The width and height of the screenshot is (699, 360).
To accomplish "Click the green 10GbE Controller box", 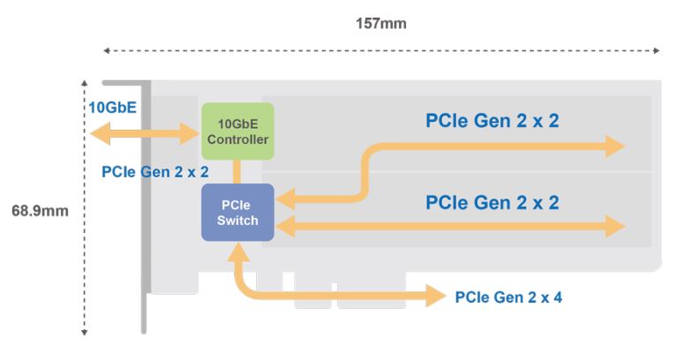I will (237, 131).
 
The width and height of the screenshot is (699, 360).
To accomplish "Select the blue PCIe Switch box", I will (238, 212).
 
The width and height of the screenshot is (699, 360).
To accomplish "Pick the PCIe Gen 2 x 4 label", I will (508, 297).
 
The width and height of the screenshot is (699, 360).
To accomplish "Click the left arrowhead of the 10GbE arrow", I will (96, 133).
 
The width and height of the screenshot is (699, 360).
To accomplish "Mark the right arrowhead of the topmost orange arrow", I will (616, 146).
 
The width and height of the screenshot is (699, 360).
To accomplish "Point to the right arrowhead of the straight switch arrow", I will (616, 227).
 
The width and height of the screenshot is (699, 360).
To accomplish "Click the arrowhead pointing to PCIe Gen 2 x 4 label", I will (438, 296).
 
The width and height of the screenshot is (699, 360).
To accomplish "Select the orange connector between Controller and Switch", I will (237, 171).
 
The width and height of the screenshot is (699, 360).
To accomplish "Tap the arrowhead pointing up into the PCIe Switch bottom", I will (238, 252).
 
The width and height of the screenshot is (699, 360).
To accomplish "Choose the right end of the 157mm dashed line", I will (658, 51).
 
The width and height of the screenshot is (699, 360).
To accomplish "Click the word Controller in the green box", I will (238, 139).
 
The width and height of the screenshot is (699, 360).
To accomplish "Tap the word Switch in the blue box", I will (238, 221).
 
